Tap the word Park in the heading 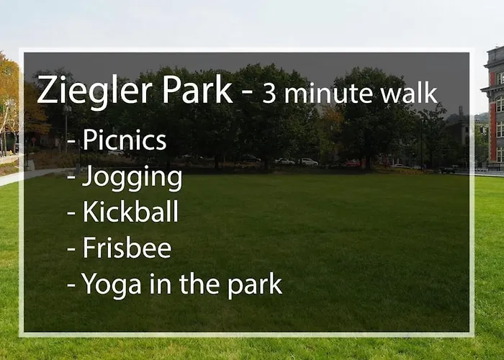click(197, 89)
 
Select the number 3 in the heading click(269, 94)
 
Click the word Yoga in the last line click(111, 285)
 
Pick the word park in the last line click(255, 284)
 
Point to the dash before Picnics click(71, 142)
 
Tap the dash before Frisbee click(71, 249)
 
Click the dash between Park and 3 click(247, 94)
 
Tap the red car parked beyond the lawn click(353, 163)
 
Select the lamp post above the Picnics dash click(66, 128)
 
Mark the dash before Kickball click(71, 213)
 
